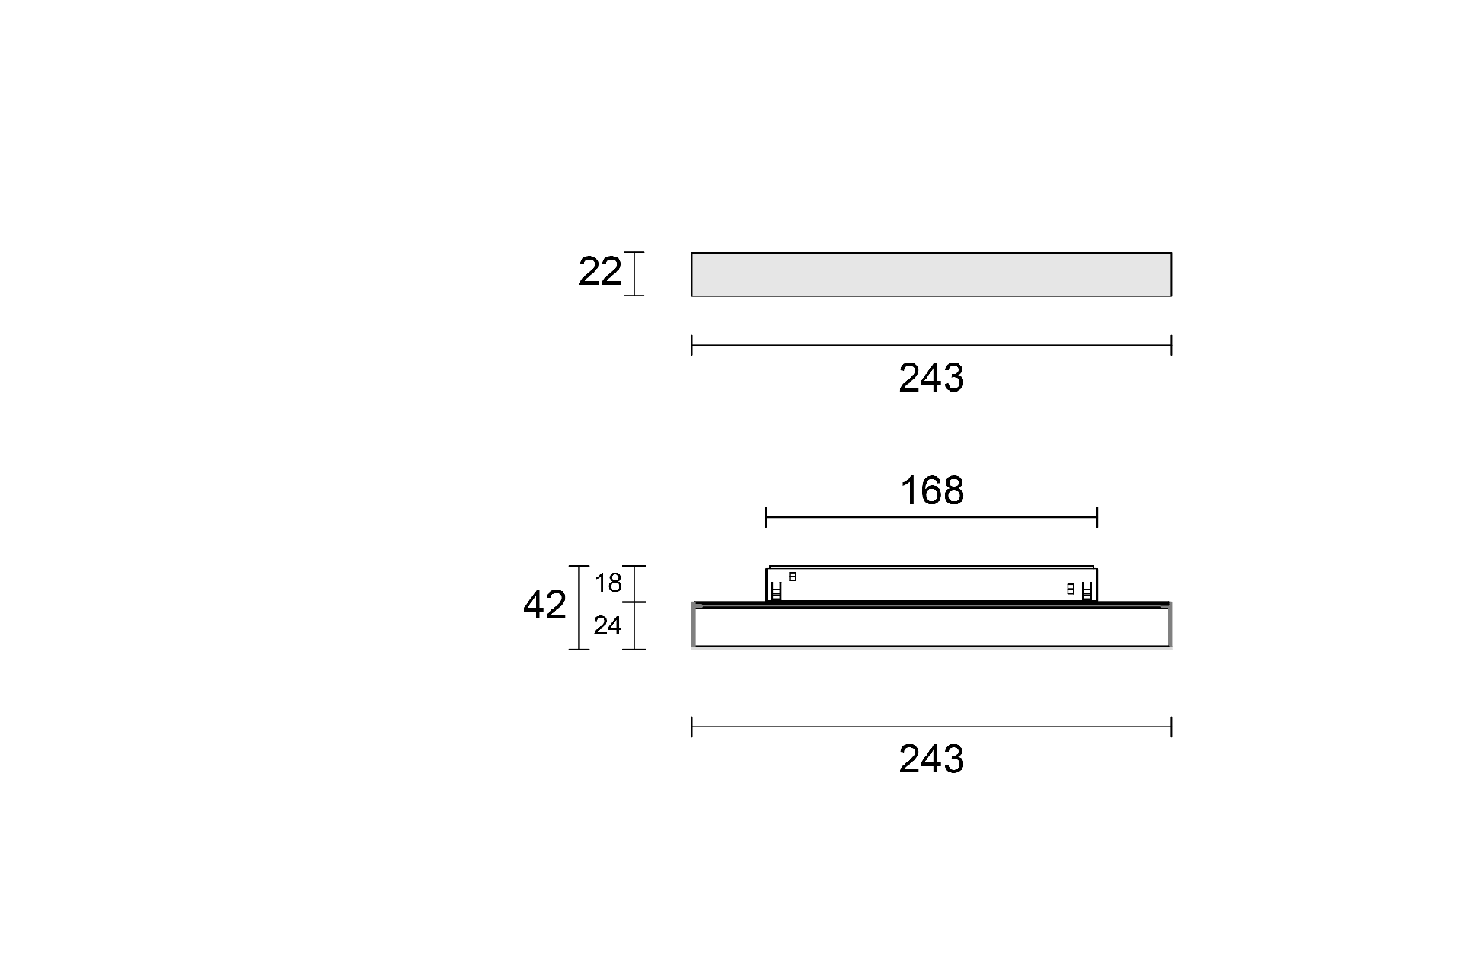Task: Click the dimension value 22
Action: [x=600, y=272]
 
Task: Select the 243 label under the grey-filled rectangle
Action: [x=931, y=378]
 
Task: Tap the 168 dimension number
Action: [x=931, y=491]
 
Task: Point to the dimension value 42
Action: [x=544, y=606]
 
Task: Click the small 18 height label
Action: [x=608, y=583]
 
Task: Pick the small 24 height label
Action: [x=608, y=626]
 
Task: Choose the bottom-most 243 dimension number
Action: [x=931, y=759]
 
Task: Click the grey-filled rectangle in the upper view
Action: [x=931, y=274]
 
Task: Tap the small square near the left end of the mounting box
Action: [x=793, y=577]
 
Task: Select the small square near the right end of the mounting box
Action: [x=1071, y=589]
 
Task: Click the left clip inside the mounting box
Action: [x=776, y=590]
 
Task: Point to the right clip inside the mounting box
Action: [x=1087, y=590]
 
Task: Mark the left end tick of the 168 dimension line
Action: [x=766, y=518]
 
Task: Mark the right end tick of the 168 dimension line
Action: [x=1097, y=518]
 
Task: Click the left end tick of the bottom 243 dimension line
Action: [x=692, y=727]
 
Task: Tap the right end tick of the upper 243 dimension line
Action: [x=1171, y=345]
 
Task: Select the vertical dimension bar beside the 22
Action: [x=634, y=273]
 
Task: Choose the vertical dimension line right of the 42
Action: [x=579, y=607]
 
